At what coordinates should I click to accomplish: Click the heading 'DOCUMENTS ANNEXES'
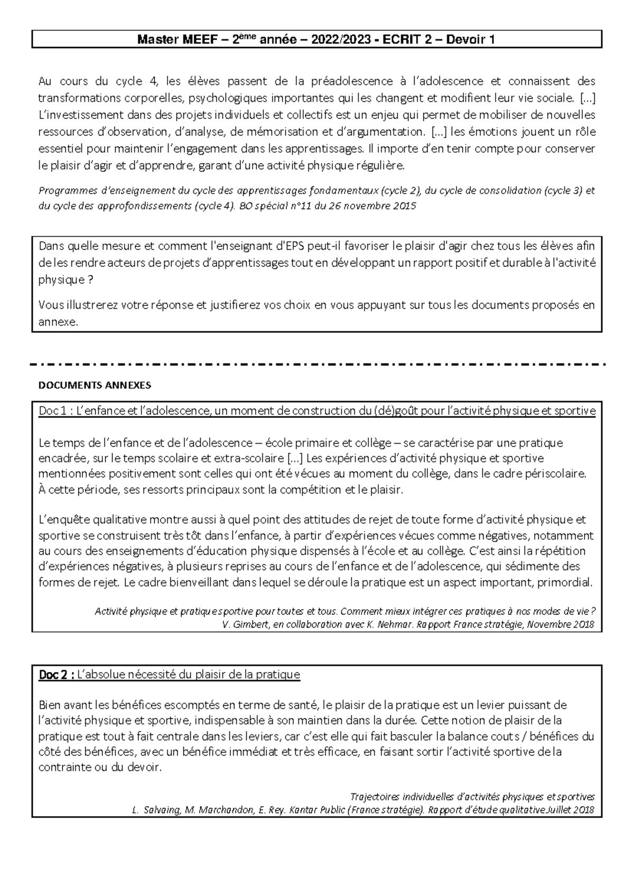click(x=95, y=386)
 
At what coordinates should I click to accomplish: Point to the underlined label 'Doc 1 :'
click(x=57, y=411)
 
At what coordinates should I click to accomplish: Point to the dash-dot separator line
click(x=317, y=365)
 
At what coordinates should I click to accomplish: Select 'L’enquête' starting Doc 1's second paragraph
click(x=61, y=520)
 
